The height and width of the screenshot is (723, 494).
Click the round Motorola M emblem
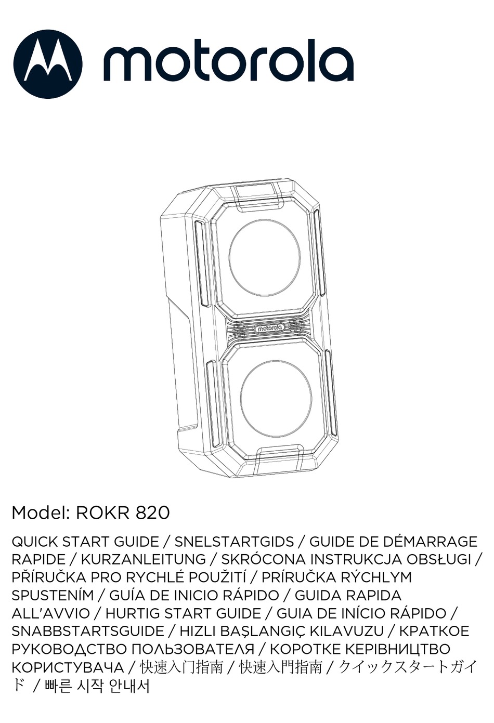point(47,64)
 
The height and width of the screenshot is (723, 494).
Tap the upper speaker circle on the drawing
point(265,257)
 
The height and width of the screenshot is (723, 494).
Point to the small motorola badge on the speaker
point(269,328)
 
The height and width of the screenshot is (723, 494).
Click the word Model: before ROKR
point(41,513)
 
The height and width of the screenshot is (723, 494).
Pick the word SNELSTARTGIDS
point(234,542)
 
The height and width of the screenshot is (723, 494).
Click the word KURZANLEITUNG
point(144,560)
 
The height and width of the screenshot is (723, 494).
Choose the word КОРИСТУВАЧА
point(68,667)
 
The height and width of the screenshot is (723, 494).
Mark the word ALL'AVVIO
point(51,613)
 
